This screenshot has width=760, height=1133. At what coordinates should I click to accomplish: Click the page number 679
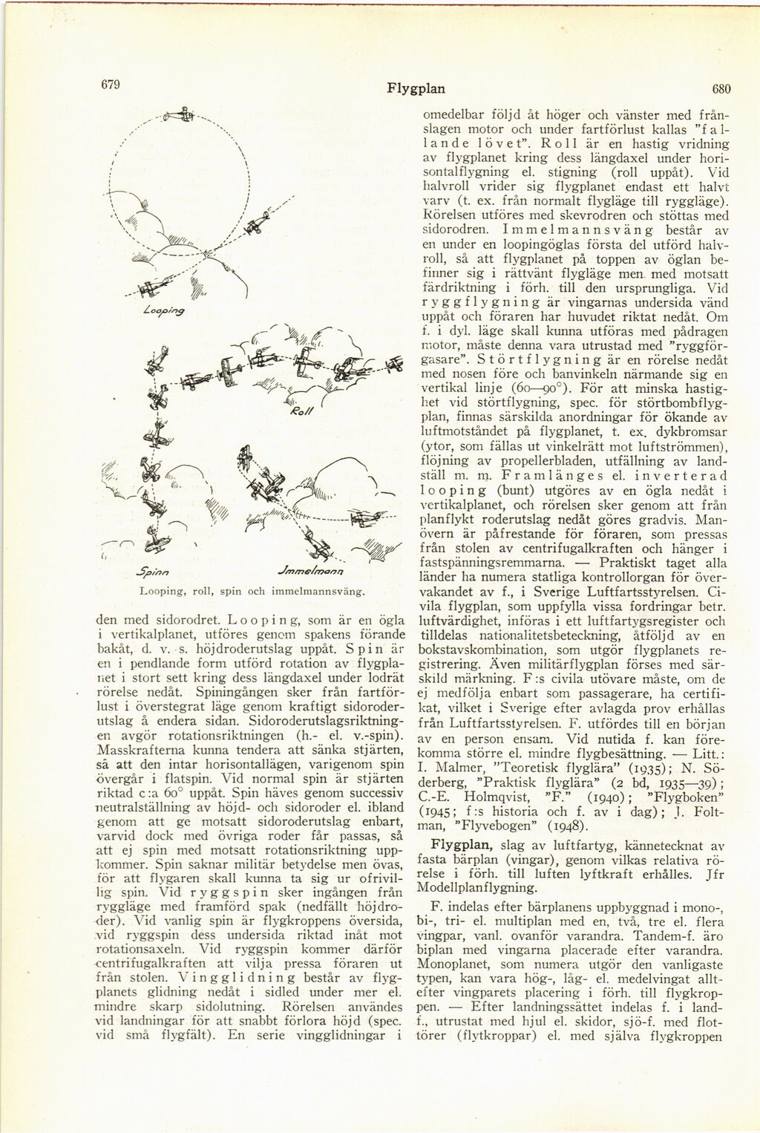pyautogui.click(x=111, y=84)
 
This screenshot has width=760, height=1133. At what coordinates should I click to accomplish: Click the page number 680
pyautogui.click(x=721, y=89)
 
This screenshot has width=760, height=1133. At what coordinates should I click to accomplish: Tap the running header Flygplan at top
pyautogui.click(x=416, y=89)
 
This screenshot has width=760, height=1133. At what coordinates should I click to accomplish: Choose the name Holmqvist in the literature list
pyautogui.click(x=492, y=796)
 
